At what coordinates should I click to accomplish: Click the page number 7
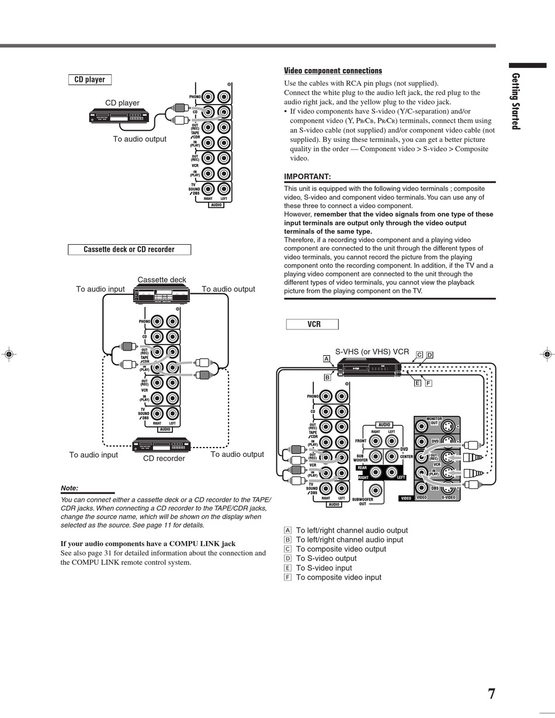(491, 693)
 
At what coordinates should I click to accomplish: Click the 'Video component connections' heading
(332, 71)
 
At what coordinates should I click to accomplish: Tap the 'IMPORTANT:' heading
(307, 176)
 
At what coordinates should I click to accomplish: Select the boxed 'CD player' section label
(90, 79)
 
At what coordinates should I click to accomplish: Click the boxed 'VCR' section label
(313, 324)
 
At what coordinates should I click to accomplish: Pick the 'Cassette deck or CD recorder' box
(129, 249)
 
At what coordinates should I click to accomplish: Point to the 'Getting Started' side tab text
(515, 100)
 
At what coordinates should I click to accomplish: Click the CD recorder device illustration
(162, 445)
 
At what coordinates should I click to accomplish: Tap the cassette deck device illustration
(162, 294)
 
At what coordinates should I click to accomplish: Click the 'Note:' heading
(70, 488)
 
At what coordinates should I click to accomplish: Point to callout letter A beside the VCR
(326, 359)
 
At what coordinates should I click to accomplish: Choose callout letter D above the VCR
(429, 355)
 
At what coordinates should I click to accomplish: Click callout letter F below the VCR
(428, 383)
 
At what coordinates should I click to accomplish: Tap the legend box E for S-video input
(287, 568)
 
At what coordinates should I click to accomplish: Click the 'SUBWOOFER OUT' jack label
(362, 501)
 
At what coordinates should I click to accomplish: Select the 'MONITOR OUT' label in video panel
(434, 421)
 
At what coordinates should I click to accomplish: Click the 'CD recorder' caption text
(164, 459)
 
